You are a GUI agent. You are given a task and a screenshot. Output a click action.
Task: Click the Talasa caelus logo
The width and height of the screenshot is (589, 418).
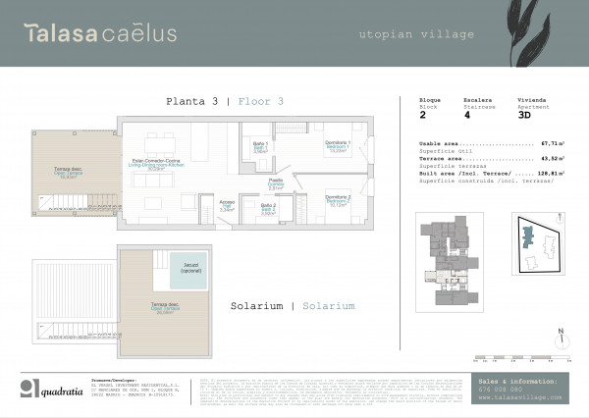[x=100, y=33]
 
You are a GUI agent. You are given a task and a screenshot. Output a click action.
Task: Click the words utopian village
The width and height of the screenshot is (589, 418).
[x=417, y=34]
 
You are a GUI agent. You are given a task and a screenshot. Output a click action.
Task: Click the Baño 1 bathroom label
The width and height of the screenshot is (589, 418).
[x=261, y=148]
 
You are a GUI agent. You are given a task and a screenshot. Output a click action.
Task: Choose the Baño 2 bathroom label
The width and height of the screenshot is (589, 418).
[x=268, y=208]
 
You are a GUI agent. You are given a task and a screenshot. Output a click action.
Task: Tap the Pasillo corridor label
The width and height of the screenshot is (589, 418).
[x=277, y=184]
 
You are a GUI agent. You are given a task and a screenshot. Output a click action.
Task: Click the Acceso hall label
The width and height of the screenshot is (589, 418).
[x=227, y=207]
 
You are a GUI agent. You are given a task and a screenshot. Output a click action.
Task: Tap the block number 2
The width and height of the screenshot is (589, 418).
[x=422, y=115]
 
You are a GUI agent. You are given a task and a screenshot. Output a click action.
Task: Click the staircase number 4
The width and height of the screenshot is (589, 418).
[x=467, y=115]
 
